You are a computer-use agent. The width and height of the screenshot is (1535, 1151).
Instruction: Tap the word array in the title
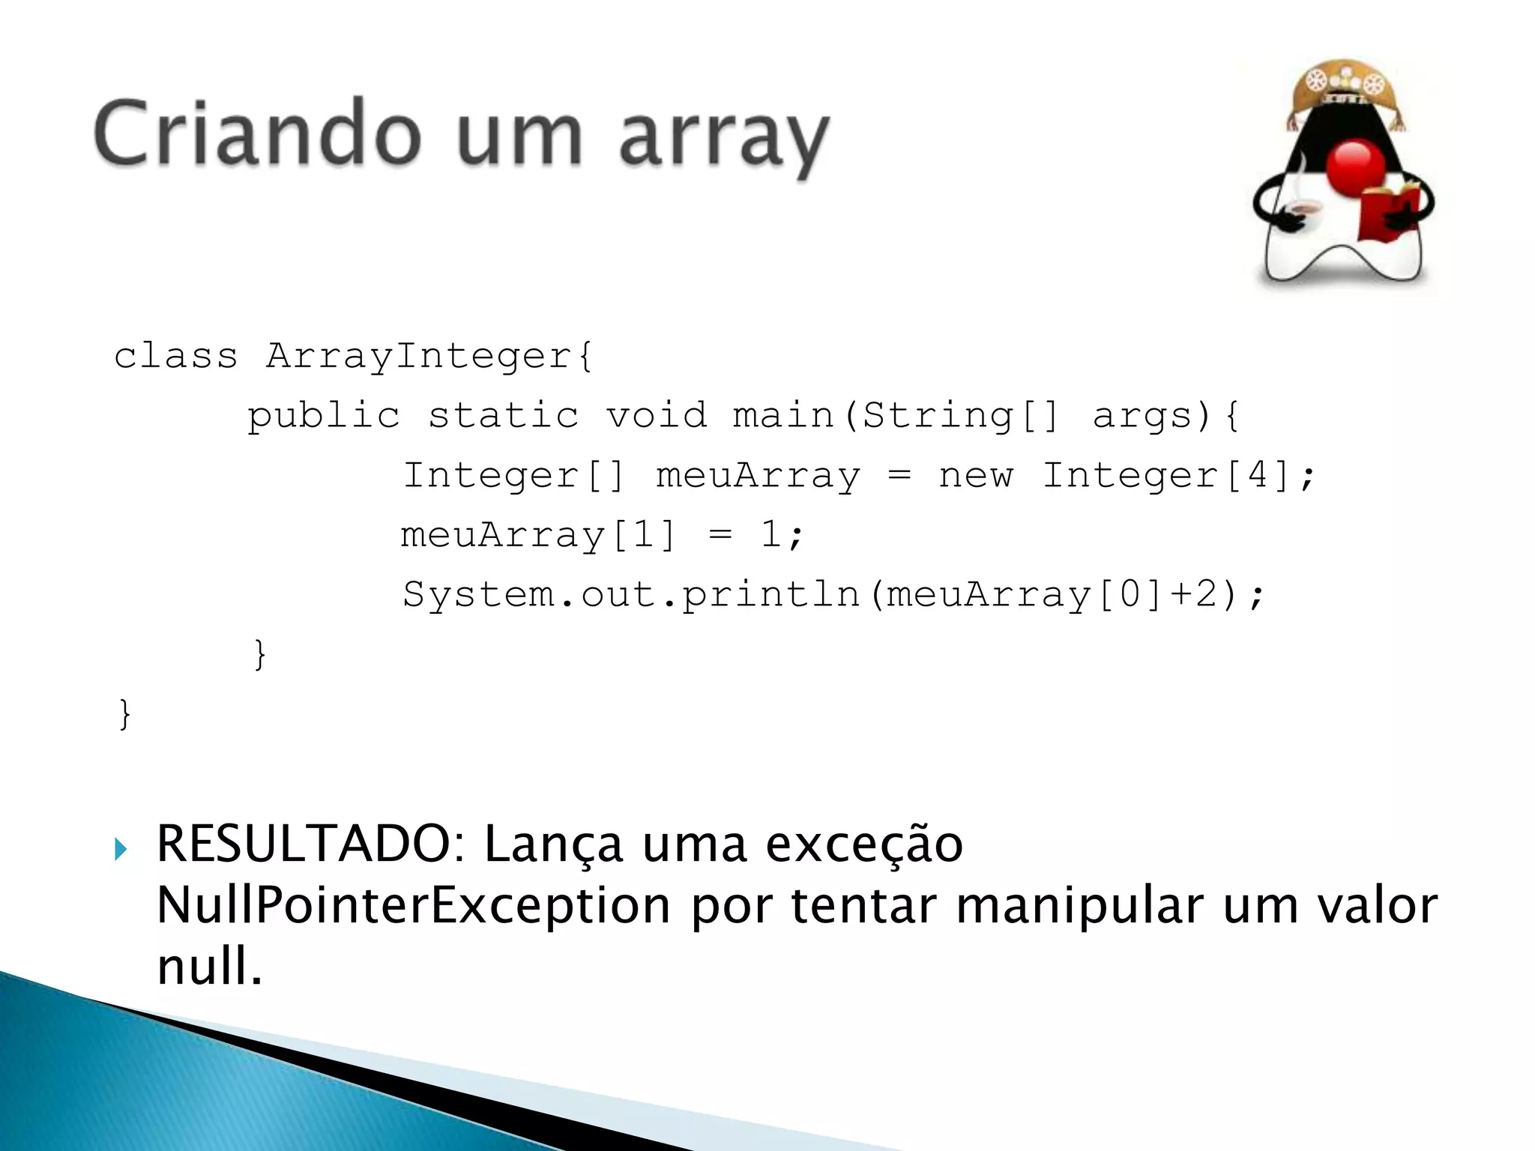coord(724,139)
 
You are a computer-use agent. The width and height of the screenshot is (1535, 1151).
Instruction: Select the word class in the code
coord(175,355)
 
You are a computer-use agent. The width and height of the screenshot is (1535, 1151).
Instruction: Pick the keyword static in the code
coord(503,415)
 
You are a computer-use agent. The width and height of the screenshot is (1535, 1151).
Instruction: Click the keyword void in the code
coord(657,415)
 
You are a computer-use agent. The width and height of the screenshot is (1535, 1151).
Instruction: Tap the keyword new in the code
coord(975,475)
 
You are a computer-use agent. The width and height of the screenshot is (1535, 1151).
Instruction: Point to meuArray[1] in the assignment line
coord(538,535)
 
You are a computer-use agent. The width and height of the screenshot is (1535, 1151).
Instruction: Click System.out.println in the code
coord(630,594)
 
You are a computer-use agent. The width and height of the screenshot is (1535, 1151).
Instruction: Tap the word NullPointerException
coord(413,904)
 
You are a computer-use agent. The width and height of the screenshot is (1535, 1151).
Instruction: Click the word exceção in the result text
coord(863,845)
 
